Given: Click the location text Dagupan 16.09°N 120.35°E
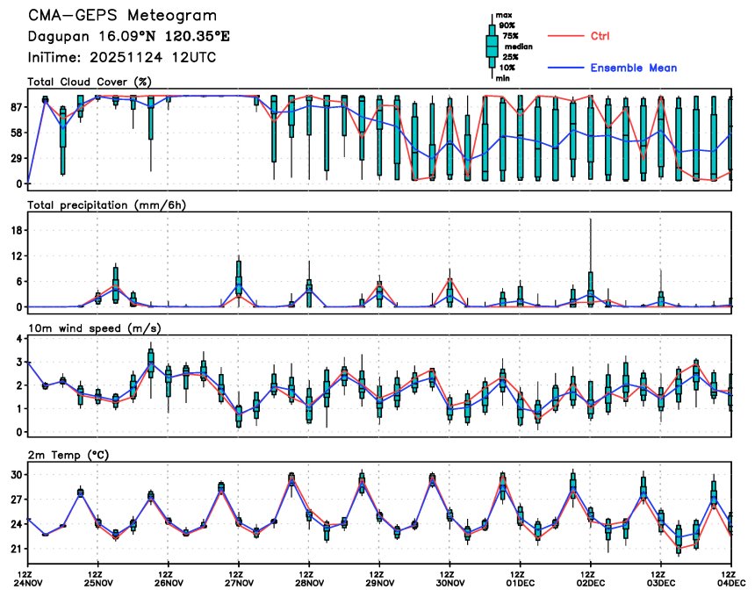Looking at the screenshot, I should pyautogui.click(x=117, y=37).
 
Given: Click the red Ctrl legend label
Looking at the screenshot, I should pyautogui.click(x=600, y=36).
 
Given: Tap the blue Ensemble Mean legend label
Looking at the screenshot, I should pyautogui.click(x=633, y=68).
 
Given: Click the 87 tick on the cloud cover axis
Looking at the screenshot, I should pyautogui.click(x=16, y=107).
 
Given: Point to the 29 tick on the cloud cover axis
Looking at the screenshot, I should pyautogui.click(x=16, y=158).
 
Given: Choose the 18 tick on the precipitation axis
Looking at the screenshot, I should pyautogui.click(x=17, y=230).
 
